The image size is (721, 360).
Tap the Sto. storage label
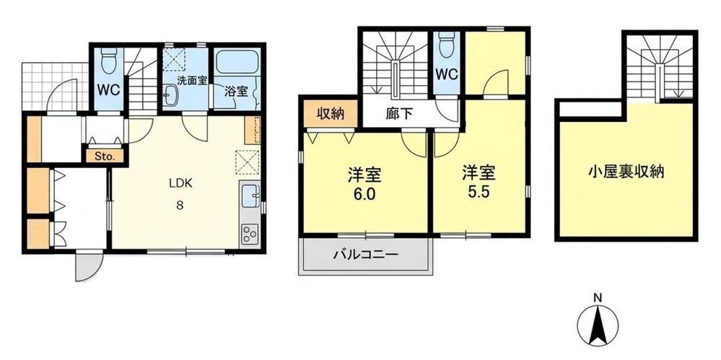point(105,155)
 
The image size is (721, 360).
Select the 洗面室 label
point(192,81)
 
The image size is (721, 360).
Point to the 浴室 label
point(236,92)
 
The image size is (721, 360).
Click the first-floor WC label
point(108,90)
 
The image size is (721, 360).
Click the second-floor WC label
point(447,74)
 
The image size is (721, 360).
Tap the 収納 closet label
point(331,113)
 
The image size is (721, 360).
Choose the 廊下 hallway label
point(398,115)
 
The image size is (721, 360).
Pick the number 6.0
point(364,194)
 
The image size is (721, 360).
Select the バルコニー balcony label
point(366,254)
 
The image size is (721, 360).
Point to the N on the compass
point(598,297)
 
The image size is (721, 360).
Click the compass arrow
point(598,325)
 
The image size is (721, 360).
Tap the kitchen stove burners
point(250,234)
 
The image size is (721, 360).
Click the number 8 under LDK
point(180,206)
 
